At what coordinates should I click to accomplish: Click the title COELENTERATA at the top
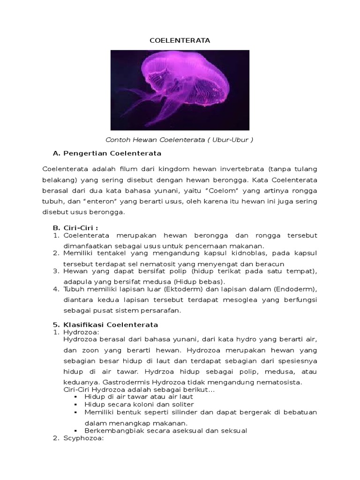point(180,41)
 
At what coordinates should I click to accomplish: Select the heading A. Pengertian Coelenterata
point(107,153)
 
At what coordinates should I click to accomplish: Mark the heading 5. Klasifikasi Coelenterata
point(105,324)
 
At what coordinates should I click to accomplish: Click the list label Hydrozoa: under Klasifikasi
point(78,332)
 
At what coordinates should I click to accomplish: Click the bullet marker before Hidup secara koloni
point(76,404)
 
